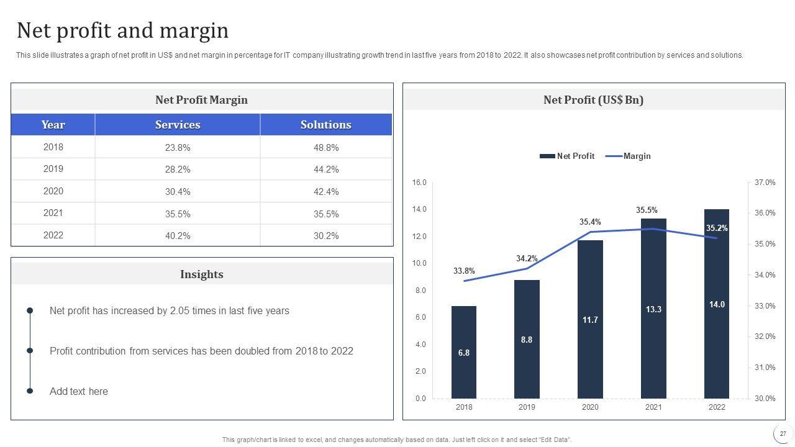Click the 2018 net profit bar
[464, 352]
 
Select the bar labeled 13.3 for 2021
[653, 309]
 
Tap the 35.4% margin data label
[590, 222]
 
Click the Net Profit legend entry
[567, 156]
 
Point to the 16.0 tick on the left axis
[419, 183]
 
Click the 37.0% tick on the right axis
[765, 183]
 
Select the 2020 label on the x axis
[590, 407]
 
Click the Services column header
[178, 125]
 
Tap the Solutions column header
[326, 125]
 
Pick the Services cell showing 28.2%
[178, 169]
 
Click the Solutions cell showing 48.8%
[326, 148]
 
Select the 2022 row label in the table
[53, 235]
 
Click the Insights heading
[202, 274]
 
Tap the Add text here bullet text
[79, 392]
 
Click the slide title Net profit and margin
[122, 30]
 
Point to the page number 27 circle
[783, 434]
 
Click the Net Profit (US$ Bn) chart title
[593, 100]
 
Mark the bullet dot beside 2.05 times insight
[30, 311]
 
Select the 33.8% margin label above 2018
[464, 271]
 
